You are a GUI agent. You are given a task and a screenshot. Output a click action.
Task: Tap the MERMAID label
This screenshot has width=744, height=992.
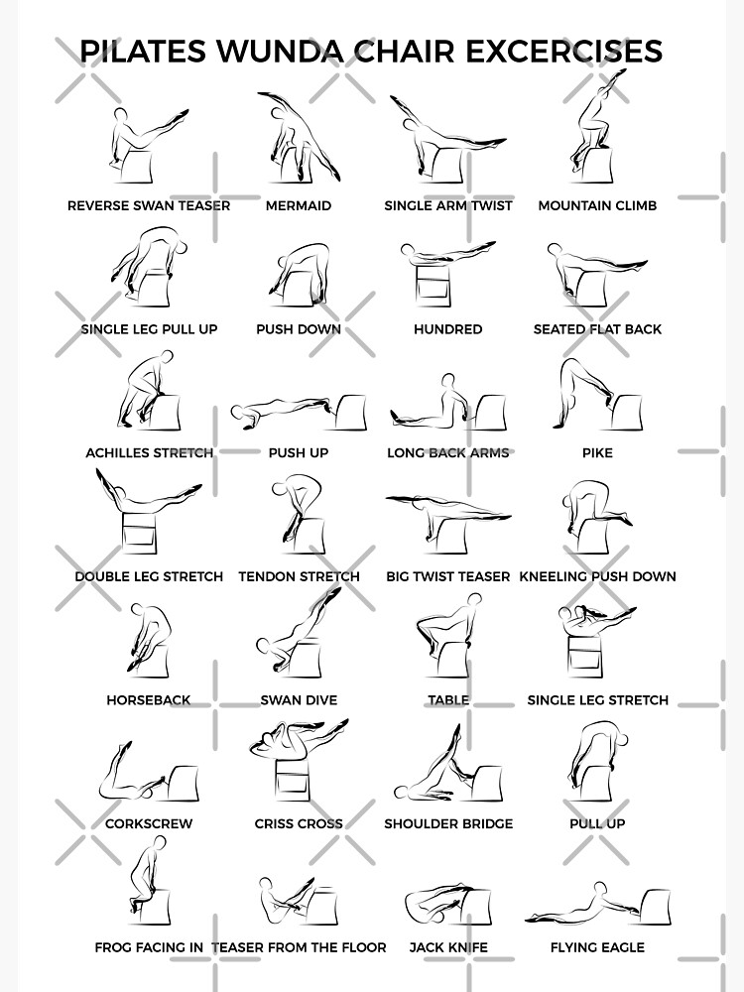coord(299,205)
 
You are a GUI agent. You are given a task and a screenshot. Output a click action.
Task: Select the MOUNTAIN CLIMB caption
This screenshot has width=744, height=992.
coord(597,205)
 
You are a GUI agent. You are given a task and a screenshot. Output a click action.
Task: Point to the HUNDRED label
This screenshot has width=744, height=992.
coord(447,329)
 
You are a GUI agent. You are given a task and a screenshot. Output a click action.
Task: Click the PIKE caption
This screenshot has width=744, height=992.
coord(597,452)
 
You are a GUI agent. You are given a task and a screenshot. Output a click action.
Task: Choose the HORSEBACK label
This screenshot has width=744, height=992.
coord(149,699)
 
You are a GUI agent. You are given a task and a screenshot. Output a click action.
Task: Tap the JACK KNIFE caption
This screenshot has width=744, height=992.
coord(447,947)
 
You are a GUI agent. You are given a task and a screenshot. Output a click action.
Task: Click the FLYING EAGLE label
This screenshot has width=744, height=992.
coord(597,947)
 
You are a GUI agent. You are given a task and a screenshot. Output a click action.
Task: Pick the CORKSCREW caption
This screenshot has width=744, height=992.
coord(149,823)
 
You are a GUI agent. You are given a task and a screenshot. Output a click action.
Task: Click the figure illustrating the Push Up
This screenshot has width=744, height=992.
coord(298,411)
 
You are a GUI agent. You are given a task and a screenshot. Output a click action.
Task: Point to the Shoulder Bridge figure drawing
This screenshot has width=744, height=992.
coord(446,769)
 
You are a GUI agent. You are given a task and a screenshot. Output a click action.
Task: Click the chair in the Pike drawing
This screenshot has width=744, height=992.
coord(625,412)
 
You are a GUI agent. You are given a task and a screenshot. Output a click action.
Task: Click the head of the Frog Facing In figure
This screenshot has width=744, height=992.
coord(159,842)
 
